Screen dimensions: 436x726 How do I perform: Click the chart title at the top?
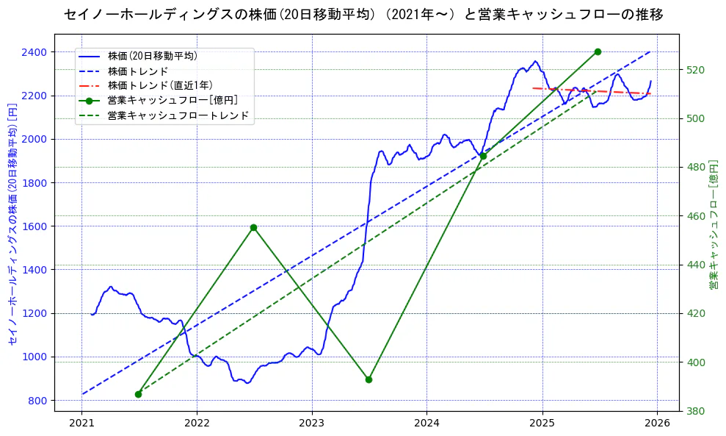coord(363,15)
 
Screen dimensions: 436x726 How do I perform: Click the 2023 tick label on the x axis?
coord(312,424)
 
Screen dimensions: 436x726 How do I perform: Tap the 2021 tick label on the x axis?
coord(81,424)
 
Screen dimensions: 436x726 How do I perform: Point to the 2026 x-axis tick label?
coord(657,424)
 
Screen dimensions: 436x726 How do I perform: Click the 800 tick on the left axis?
coord(37,401)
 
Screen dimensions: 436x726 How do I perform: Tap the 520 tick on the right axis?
coord(695,70)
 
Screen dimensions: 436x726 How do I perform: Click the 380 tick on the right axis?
coord(695,411)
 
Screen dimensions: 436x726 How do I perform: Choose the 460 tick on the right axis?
coord(695,216)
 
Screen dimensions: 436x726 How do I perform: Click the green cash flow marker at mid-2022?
coord(253,227)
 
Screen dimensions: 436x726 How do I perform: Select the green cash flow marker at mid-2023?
coord(369,379)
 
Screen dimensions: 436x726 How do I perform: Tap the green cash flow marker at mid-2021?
coord(138,394)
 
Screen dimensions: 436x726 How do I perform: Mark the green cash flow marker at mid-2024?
coord(483,156)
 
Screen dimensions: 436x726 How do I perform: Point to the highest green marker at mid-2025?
coord(598,51)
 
